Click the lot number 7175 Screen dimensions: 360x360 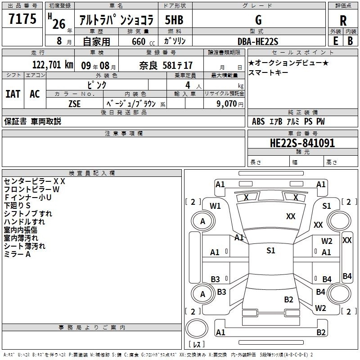tap(22, 19)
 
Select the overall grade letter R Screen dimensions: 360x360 tap(343, 21)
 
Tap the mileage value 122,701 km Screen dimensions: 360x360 tap(53, 65)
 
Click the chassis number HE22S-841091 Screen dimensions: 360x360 tap(302, 143)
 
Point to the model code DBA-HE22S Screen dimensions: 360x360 tap(258, 41)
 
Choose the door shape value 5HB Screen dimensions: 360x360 tap(174, 20)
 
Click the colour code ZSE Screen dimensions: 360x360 tap(74, 104)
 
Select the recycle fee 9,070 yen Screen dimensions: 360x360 tap(230, 104)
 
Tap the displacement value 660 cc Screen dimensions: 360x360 tap(143, 41)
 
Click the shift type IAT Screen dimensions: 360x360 tap(13, 94)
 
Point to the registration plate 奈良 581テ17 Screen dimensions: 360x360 tap(166, 65)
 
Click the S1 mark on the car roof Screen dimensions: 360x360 tap(271, 251)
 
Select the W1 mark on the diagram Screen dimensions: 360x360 tap(215, 206)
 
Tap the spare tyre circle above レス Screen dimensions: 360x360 tap(197, 328)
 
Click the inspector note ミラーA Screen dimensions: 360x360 tap(17, 254)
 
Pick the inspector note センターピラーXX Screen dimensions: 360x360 tap(35, 181)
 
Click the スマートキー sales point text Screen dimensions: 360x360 tap(268, 72)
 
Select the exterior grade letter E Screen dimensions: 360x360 tap(336, 41)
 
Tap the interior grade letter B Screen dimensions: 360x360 tap(350, 41)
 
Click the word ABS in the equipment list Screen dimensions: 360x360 tap(258, 121)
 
